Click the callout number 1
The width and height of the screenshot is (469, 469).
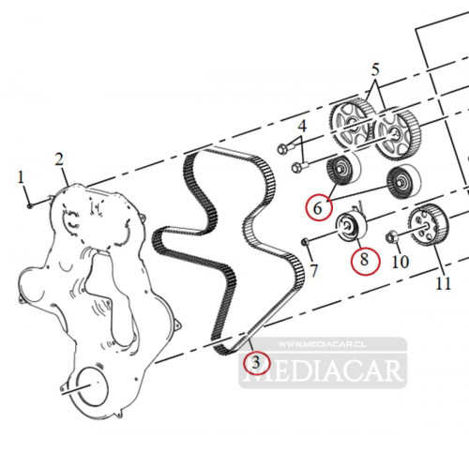click(x=21, y=177)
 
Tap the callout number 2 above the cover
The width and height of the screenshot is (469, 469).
click(x=59, y=159)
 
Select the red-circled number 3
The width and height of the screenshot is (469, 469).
click(x=256, y=363)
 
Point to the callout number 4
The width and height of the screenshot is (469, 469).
click(x=302, y=126)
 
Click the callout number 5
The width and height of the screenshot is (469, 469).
click(x=375, y=69)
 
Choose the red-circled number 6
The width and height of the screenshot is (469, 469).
click(x=318, y=208)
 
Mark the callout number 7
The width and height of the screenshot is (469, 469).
click(x=314, y=271)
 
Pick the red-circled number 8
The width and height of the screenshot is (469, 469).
click(x=364, y=260)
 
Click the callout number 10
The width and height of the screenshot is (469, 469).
click(x=400, y=262)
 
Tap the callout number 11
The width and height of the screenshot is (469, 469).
click(x=443, y=283)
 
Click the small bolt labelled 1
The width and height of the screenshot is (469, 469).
click(x=30, y=205)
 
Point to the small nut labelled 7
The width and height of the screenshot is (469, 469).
click(x=305, y=241)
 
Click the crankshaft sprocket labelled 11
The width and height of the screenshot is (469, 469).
click(x=429, y=226)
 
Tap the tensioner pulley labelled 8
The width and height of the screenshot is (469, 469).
click(x=351, y=226)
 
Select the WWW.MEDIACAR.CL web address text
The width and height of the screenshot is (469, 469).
click(x=322, y=344)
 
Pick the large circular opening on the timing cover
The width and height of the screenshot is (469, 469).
click(x=91, y=388)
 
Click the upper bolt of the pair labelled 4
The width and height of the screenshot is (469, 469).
click(x=286, y=148)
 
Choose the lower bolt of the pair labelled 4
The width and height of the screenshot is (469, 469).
click(x=300, y=167)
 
